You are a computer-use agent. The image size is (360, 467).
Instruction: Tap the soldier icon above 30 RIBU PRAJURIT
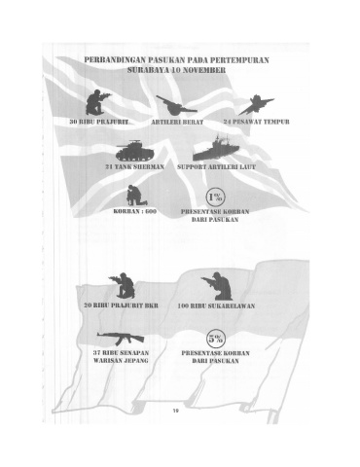[x=96, y=102]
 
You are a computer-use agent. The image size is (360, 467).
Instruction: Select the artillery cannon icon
[x=176, y=105]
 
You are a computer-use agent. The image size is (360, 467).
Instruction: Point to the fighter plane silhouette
[x=256, y=105]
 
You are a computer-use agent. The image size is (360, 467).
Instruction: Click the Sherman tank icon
[x=134, y=151]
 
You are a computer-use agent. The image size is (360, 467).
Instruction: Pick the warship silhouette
[x=215, y=148]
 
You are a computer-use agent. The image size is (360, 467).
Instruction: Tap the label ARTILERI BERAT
[x=177, y=122]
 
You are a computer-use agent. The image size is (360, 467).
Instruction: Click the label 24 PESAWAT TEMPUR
[x=256, y=122]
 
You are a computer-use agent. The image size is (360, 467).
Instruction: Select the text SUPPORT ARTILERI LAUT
[x=216, y=167]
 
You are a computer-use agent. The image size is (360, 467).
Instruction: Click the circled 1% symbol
[x=216, y=198]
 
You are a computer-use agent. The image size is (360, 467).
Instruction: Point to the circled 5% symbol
[x=216, y=339]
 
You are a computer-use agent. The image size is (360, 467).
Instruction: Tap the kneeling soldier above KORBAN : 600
[x=135, y=196]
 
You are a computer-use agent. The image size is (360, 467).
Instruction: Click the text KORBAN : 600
[x=135, y=211]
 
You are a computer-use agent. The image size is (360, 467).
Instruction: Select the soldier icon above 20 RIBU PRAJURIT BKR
[x=123, y=285]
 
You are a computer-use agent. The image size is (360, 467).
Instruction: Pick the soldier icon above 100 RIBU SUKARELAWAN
[x=217, y=286]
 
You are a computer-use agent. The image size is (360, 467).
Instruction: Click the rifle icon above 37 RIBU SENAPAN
[x=121, y=339]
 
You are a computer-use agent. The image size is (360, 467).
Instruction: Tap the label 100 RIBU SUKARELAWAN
[x=216, y=305]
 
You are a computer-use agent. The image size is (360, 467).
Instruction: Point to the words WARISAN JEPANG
[x=121, y=361]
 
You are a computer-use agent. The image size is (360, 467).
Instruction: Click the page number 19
[x=175, y=411]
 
